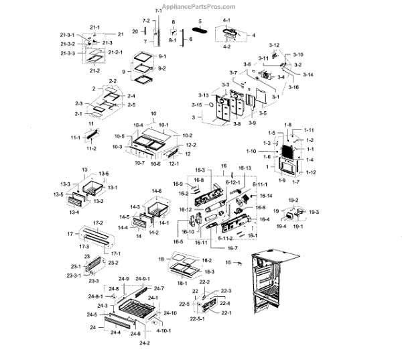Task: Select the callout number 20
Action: coord(135,32)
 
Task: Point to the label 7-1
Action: coord(158,12)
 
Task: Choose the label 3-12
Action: coord(274,45)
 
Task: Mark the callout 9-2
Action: coord(162,69)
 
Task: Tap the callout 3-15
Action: coord(197,105)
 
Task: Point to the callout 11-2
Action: coord(92,148)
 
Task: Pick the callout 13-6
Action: coord(104,174)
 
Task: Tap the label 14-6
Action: coord(156,192)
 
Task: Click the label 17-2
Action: coord(97,222)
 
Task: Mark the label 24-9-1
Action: coord(143,278)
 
